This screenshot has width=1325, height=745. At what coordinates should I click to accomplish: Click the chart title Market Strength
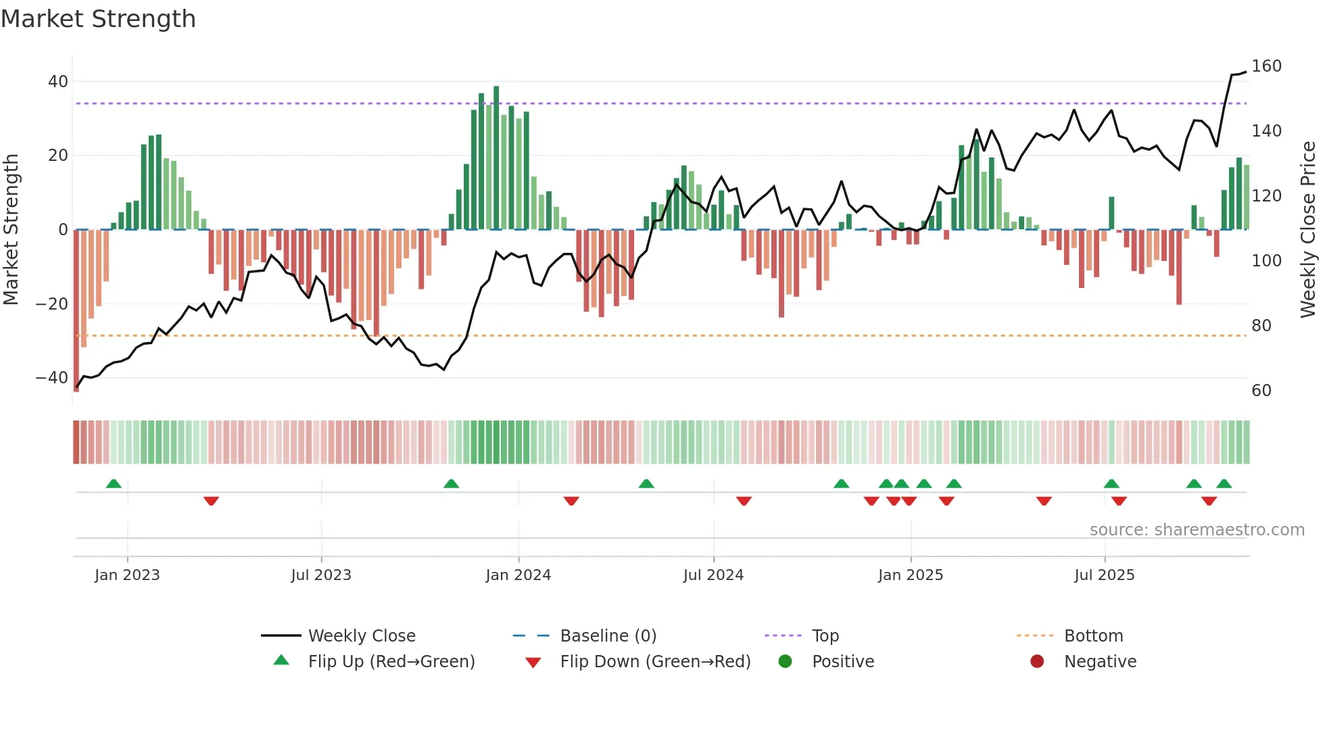coord(98,19)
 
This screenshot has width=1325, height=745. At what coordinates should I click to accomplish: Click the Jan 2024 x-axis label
coord(518,575)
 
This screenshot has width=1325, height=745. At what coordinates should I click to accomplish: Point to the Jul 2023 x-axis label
coord(321,575)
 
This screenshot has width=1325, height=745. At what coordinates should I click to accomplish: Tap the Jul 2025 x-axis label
coord(1104,575)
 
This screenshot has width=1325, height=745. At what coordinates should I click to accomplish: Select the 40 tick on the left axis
coord(58,82)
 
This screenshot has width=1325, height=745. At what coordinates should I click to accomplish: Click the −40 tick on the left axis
coord(52,378)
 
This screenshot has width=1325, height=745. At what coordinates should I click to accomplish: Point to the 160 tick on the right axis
coord(1266,66)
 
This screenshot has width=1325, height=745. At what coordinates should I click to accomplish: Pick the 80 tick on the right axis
coord(1261,326)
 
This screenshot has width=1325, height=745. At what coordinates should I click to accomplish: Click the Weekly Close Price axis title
coord(1308,230)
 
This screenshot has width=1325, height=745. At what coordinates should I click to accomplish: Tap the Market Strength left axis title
coord(11,230)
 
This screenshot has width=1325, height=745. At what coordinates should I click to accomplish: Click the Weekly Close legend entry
coord(361,636)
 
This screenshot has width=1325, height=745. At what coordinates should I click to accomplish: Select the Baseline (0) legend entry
coord(608,636)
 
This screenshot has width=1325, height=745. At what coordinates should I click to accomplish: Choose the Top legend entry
coord(825,636)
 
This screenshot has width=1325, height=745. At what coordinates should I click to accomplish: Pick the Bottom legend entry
coord(1092,636)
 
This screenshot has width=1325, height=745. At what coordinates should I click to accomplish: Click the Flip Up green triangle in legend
coord(281,660)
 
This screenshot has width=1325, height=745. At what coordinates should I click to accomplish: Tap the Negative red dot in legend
coord(1036,661)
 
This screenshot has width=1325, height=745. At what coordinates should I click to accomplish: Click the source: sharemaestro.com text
coord(1197,530)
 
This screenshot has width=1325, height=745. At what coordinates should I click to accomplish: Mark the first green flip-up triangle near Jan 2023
coord(114,483)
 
